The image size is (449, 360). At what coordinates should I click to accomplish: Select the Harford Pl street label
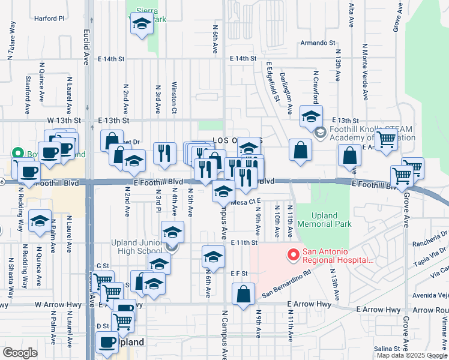49,19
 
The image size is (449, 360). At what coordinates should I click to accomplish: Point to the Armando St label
318,43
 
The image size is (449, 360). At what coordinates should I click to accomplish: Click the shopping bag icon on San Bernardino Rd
243,294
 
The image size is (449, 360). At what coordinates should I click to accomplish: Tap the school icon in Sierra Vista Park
142,24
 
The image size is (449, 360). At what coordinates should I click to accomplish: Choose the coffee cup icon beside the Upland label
107,342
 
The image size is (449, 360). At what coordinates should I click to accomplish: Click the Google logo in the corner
20,352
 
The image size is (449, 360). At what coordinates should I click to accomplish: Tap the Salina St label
387,349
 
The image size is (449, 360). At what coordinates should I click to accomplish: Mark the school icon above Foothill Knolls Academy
311,115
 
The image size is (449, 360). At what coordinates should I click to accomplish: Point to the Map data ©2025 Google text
411,355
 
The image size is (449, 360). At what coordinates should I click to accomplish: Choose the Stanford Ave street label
27,95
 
